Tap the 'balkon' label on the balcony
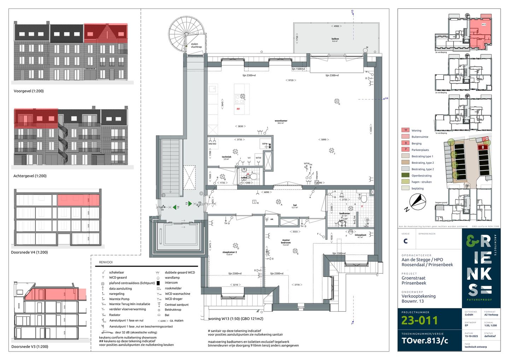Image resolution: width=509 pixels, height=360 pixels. pos(335,39)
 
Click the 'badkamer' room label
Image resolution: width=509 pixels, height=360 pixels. pos(345,214)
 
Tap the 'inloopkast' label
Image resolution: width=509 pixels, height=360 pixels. pos(360,235)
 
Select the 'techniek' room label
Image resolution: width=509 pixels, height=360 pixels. pos(227,157)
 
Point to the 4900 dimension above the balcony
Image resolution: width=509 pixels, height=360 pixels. pos(336,26)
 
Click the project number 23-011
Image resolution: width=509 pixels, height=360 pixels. pos(419,320)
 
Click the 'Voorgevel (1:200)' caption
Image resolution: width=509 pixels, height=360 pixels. pos(29,91)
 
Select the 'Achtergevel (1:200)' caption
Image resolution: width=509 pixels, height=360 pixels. pos(30,176)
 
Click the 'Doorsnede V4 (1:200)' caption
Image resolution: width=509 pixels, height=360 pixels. pos(29,252)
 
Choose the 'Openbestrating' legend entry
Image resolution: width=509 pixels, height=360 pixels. pos(421,175)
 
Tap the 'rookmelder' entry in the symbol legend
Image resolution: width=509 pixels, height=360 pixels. pos(173,288)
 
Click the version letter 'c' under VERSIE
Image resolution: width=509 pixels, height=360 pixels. pos(405,241)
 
